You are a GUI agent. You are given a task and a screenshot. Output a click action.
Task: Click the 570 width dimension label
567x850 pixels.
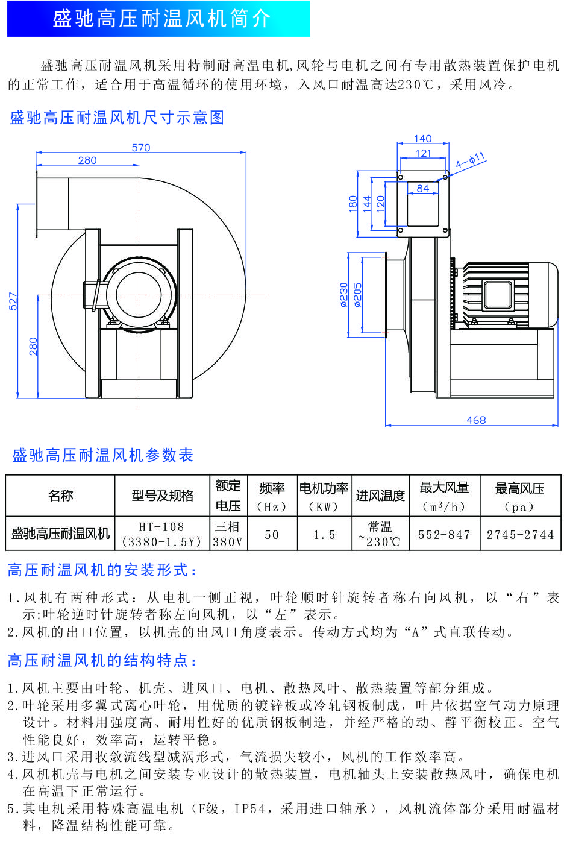point(141,148)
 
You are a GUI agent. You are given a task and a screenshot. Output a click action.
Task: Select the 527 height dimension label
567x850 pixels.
point(13,301)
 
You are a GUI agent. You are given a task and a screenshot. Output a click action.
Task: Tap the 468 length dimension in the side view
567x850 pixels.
point(476,420)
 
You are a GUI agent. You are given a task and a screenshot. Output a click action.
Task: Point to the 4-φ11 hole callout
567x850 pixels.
point(470,161)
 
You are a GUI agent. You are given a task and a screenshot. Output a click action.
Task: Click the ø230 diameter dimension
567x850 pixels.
point(344,295)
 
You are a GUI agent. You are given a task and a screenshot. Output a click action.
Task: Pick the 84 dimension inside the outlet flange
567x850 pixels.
point(423,189)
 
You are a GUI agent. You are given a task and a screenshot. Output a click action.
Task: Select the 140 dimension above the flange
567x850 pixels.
point(423,139)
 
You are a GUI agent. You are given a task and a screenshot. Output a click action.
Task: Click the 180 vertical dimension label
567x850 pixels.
point(353,203)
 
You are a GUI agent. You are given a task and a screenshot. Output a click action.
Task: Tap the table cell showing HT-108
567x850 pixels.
point(161,526)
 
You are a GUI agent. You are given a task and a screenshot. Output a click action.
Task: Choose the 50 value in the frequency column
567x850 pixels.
point(272,534)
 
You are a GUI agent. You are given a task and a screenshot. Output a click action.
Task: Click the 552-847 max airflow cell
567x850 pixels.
point(444,534)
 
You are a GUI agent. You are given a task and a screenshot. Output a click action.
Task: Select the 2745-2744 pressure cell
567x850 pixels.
point(520,534)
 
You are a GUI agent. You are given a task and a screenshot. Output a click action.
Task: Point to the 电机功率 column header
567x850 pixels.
point(324,488)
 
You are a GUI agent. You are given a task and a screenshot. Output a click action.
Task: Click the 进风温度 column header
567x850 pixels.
point(380,496)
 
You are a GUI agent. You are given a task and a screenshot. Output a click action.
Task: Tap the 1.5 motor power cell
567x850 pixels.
point(324,534)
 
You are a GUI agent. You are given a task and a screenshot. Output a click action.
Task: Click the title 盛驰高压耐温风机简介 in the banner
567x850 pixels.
point(161,19)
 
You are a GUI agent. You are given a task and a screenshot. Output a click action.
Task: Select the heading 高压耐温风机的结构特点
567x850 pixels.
point(102,661)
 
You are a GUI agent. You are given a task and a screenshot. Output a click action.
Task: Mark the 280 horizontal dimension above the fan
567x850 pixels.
point(87,160)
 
